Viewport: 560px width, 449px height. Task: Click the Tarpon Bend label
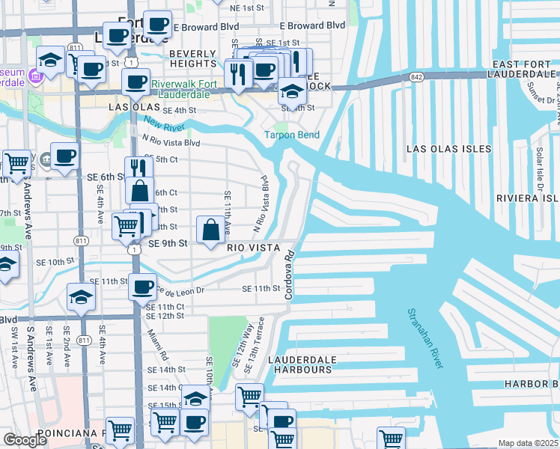[291, 135]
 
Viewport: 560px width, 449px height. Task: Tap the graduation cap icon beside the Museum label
[51, 59]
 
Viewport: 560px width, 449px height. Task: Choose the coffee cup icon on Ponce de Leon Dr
[142, 285]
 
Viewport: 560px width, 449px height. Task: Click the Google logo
[25, 439]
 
